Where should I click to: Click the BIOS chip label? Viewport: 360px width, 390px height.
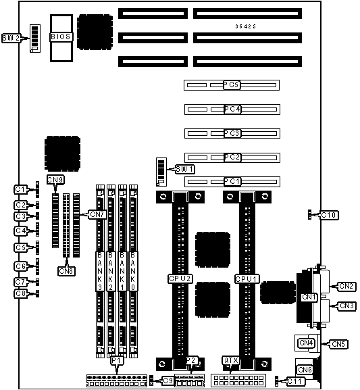[61, 36]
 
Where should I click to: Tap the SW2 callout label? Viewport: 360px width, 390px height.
[11, 38]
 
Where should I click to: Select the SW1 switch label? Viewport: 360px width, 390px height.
[185, 169]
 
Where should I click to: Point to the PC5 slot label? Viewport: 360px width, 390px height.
[232, 84]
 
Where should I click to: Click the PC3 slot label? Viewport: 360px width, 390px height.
[232, 133]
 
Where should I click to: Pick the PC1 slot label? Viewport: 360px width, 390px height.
[232, 182]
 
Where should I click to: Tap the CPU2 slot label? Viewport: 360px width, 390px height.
[180, 278]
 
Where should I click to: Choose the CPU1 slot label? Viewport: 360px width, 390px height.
[247, 279]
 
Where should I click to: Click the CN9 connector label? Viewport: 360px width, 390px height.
[55, 180]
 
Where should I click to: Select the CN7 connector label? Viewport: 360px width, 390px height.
[97, 214]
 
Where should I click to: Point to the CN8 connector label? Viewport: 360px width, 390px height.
[66, 271]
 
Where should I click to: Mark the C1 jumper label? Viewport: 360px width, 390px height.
[20, 189]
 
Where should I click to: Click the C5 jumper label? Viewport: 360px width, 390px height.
[20, 247]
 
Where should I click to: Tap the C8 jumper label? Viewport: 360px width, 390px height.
[20, 293]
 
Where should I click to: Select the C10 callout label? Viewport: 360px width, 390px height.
[329, 215]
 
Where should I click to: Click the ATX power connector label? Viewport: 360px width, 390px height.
[231, 360]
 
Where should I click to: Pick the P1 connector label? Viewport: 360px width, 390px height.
[117, 360]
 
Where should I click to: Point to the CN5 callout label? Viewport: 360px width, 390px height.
[338, 344]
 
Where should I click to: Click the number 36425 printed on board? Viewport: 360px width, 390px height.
[246, 26]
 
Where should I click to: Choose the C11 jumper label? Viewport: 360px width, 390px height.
[295, 381]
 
